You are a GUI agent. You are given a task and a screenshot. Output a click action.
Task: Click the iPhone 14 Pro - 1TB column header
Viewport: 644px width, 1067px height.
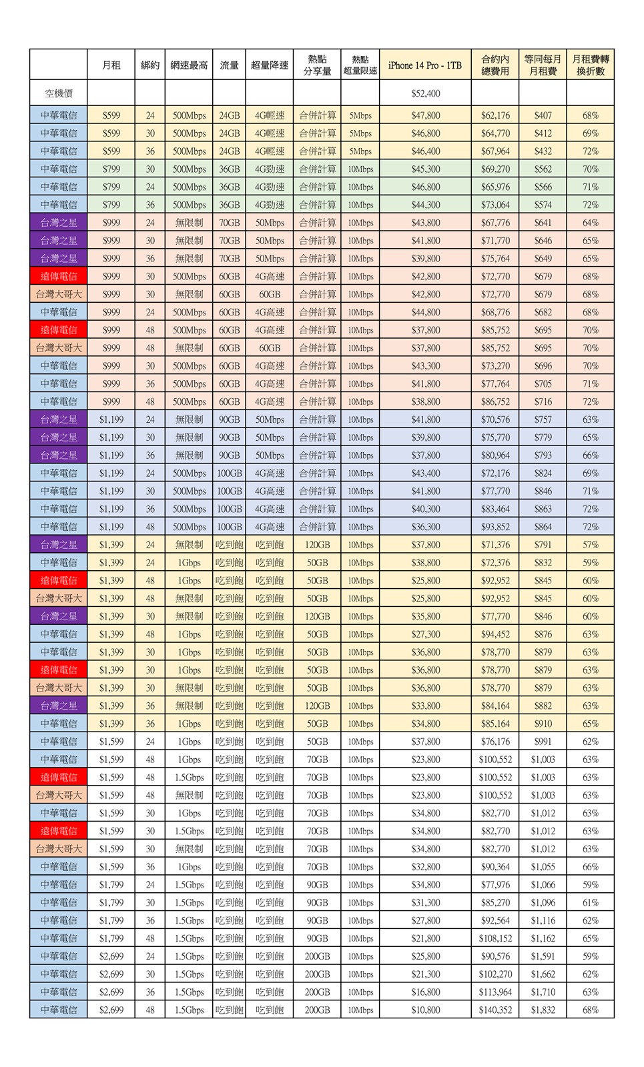click(x=425, y=65)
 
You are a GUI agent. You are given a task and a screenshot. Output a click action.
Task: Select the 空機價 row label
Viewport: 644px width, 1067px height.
click(x=59, y=93)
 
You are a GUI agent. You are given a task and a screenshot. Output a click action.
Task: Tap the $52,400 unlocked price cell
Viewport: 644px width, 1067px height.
click(x=425, y=93)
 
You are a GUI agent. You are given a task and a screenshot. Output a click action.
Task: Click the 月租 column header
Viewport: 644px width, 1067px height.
click(x=111, y=65)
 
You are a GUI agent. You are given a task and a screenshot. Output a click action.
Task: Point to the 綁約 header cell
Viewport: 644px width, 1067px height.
click(x=150, y=65)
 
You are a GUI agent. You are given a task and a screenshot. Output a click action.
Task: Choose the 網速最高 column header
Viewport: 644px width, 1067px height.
click(x=189, y=65)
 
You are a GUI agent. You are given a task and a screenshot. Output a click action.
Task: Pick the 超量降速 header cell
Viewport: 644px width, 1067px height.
click(x=270, y=65)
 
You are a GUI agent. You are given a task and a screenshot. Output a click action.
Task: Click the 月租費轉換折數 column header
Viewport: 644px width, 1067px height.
click(x=590, y=65)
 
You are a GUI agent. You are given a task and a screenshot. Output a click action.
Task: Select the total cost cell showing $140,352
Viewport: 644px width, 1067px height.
click(x=495, y=1010)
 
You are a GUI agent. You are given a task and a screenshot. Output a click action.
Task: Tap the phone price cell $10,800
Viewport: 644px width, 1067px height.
click(x=425, y=1010)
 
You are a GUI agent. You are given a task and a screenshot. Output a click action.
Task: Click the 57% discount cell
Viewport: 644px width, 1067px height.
click(x=590, y=545)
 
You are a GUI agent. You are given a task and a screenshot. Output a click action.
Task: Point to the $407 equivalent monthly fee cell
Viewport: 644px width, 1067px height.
click(x=543, y=115)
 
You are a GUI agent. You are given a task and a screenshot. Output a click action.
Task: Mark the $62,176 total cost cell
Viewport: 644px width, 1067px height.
click(x=495, y=115)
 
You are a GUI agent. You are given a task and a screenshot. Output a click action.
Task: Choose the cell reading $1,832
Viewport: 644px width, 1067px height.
click(x=543, y=1010)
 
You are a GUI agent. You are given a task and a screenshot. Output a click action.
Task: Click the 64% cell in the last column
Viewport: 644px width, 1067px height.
click(x=590, y=223)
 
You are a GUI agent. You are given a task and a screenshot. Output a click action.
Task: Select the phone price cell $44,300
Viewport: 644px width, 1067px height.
click(x=425, y=205)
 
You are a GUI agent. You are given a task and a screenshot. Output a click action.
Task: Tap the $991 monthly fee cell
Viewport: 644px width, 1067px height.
click(x=543, y=742)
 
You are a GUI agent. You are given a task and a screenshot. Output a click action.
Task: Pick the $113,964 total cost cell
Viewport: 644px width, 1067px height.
click(x=495, y=992)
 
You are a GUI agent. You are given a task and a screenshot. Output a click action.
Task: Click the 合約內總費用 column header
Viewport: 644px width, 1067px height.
click(x=495, y=65)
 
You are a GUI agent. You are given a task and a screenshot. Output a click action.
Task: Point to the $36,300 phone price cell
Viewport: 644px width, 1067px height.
click(x=425, y=527)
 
